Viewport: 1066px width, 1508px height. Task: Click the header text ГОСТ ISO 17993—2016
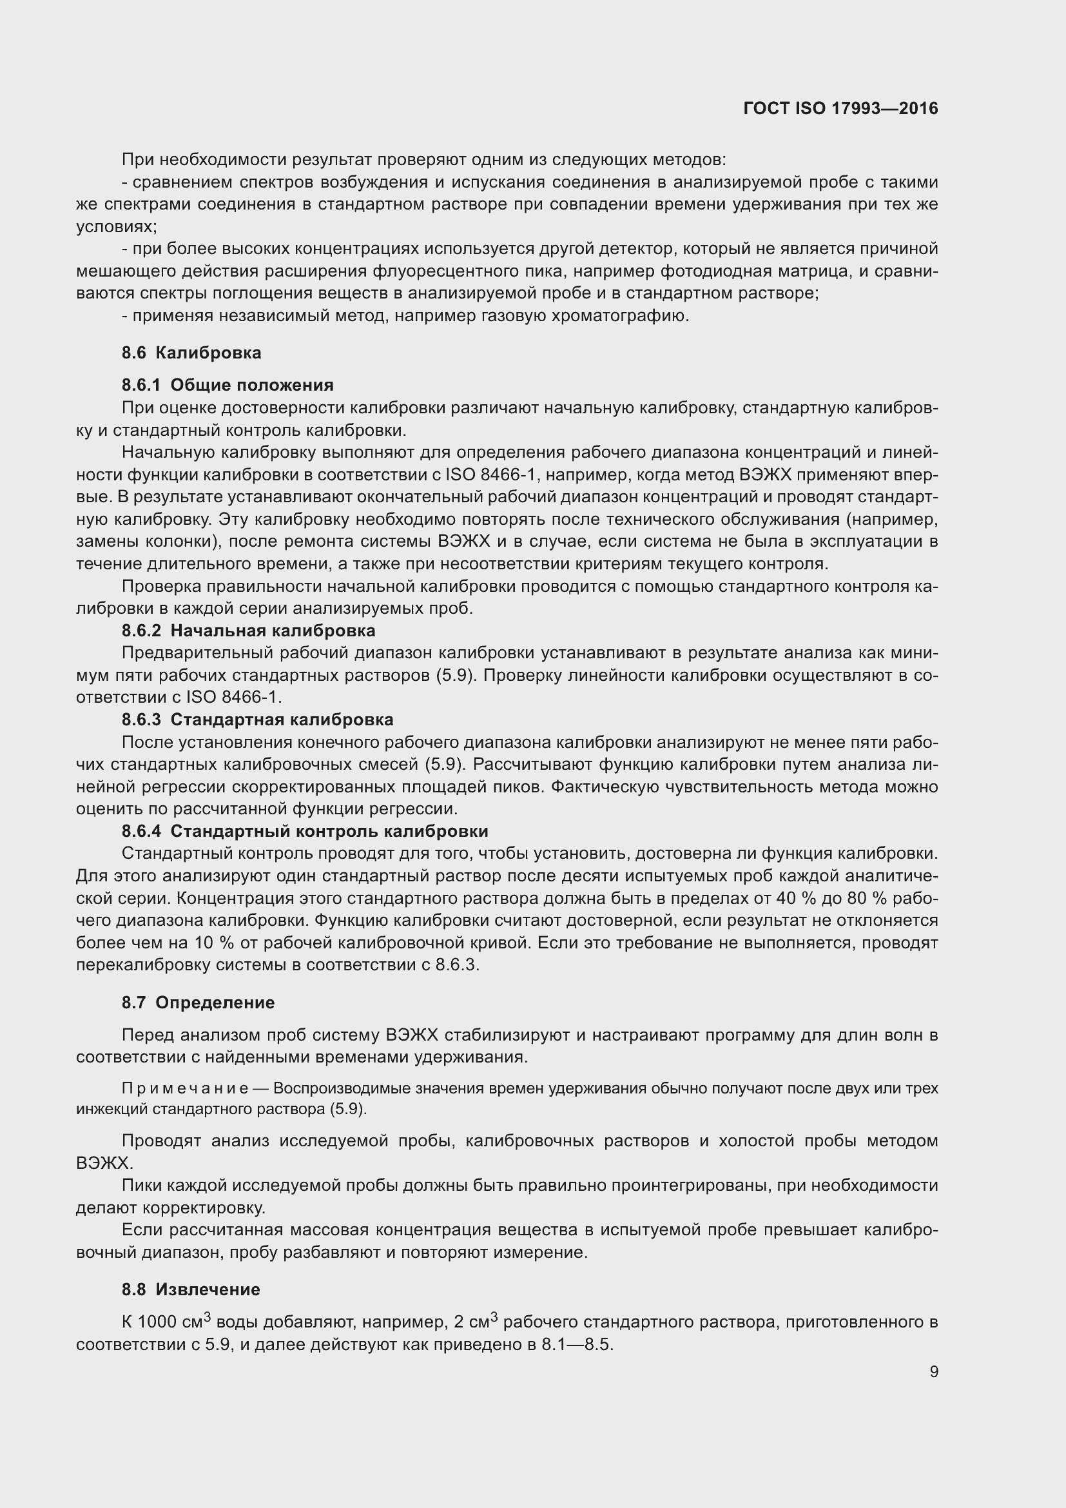click(840, 108)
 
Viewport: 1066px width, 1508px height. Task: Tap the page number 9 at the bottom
click(933, 1371)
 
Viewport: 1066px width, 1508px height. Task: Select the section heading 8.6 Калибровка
click(191, 353)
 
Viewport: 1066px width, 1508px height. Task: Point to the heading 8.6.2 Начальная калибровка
click(248, 631)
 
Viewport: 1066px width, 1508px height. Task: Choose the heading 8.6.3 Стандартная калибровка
click(257, 720)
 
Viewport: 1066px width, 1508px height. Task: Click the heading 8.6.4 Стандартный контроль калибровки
click(305, 831)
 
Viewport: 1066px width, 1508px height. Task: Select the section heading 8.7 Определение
click(198, 1003)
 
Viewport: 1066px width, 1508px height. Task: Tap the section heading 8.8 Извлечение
click(190, 1289)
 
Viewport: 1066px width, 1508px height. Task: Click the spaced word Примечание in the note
click(184, 1088)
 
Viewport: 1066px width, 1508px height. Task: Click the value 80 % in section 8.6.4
click(869, 898)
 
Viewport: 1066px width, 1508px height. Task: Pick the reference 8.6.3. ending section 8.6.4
click(458, 965)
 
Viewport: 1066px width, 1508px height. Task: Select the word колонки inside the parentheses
click(186, 542)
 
